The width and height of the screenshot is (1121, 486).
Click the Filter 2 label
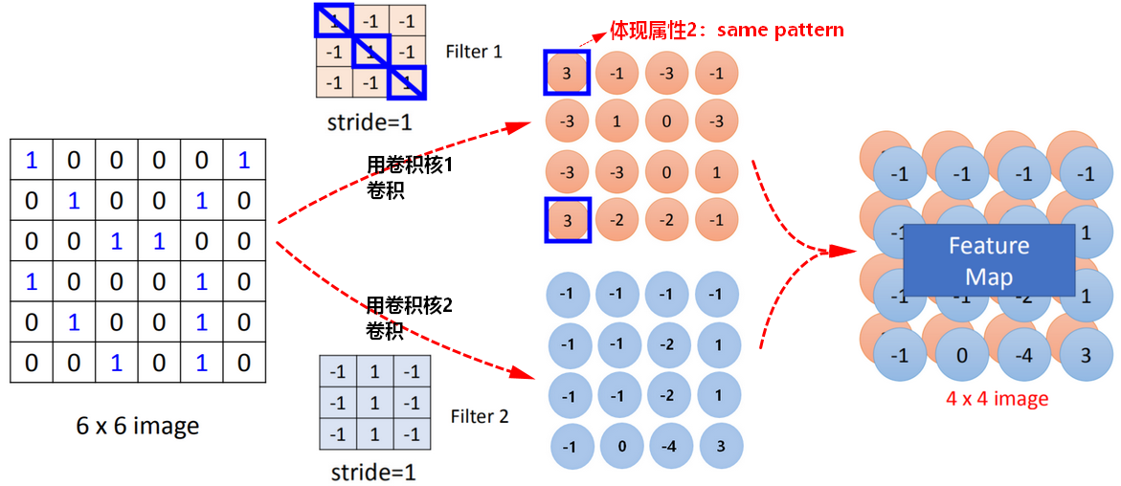click(x=480, y=416)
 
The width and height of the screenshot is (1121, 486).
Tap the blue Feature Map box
click(x=990, y=260)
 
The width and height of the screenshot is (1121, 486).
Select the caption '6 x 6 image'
click(x=138, y=427)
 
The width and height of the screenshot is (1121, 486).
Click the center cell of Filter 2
click(x=372, y=404)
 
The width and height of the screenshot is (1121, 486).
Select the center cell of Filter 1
click(x=370, y=53)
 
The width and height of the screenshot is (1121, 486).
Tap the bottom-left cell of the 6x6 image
click(x=32, y=364)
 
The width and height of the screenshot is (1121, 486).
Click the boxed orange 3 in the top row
click(x=567, y=73)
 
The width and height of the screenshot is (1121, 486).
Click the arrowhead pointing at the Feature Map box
click(x=843, y=251)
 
